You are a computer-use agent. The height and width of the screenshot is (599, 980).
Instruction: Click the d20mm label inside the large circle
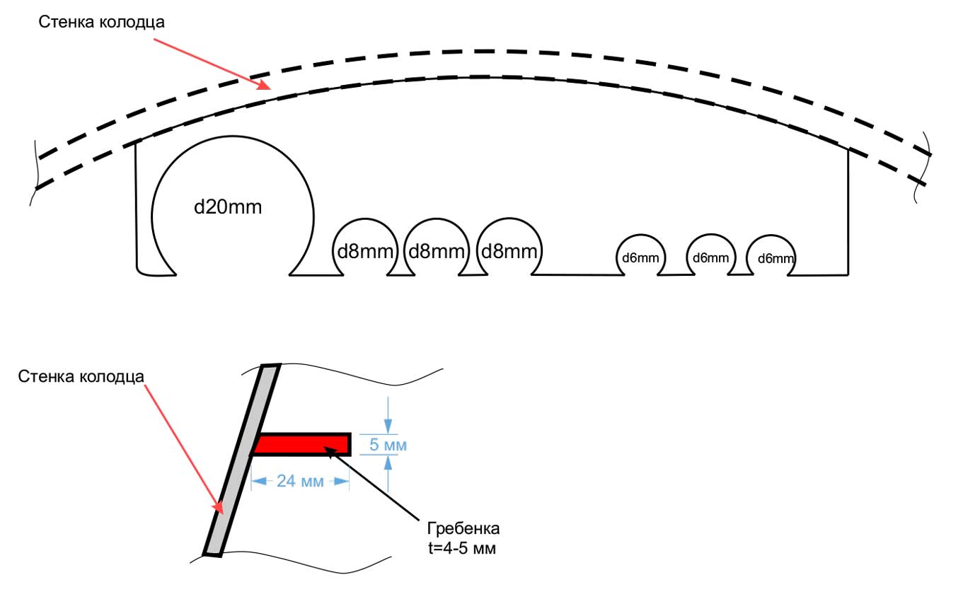coord(228,208)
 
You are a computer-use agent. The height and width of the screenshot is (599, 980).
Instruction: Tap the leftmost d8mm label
coord(364,252)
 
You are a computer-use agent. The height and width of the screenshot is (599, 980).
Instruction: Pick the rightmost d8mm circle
coord(509,248)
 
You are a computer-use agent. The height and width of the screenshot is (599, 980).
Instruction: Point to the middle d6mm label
coord(710,257)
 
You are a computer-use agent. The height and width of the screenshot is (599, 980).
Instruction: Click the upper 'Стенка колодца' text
coord(101,21)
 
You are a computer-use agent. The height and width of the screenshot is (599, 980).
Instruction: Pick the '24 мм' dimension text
coord(300,482)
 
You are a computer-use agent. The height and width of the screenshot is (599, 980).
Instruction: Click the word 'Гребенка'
coord(463,529)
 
